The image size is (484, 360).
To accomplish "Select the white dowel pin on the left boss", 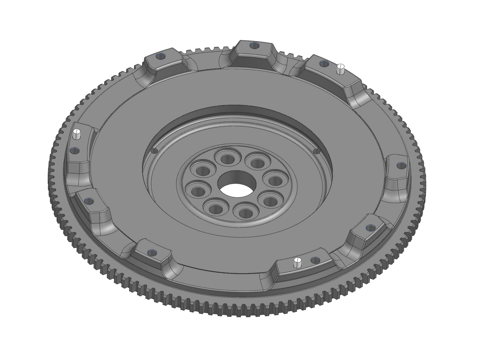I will point(77,134).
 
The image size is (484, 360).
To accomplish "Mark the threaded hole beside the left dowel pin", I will point(75,150).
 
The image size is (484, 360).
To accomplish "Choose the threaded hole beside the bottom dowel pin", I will point(314,259).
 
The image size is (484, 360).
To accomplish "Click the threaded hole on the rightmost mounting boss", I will point(401,165).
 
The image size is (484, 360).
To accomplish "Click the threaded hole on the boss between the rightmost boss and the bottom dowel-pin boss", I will point(370,228).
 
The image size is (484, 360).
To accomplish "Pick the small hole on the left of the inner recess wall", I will point(154,151).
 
